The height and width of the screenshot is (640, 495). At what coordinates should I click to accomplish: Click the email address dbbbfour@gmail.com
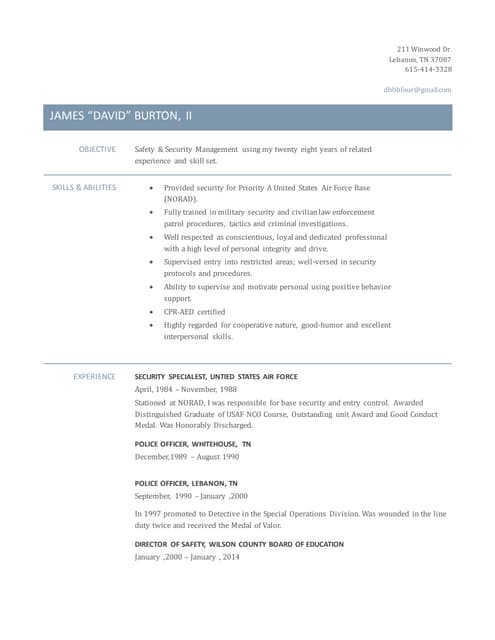[417, 90]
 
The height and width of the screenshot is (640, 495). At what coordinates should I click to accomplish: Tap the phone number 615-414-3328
[428, 69]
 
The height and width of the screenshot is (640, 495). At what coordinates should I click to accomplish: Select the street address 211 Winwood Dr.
[424, 49]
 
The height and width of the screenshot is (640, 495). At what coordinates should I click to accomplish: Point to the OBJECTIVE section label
[97, 149]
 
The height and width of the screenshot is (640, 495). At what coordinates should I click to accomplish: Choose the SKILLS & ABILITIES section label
[83, 187]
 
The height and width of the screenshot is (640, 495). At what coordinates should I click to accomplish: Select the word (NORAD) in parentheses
[182, 199]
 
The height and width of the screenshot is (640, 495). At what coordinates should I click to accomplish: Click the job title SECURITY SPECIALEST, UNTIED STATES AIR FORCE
[215, 376]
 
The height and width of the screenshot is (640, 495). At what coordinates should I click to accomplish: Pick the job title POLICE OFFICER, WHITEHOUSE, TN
[193, 443]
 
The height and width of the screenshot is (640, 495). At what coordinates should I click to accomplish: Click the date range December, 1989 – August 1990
[187, 456]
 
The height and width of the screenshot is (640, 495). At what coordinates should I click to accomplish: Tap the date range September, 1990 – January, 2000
[191, 496]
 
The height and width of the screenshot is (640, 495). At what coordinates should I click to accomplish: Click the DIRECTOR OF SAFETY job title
[239, 544]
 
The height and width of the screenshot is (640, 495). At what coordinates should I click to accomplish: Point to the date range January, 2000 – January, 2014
[187, 556]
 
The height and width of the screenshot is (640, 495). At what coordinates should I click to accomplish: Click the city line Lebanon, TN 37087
[420, 59]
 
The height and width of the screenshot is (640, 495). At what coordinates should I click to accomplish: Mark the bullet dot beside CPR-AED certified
[150, 311]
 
